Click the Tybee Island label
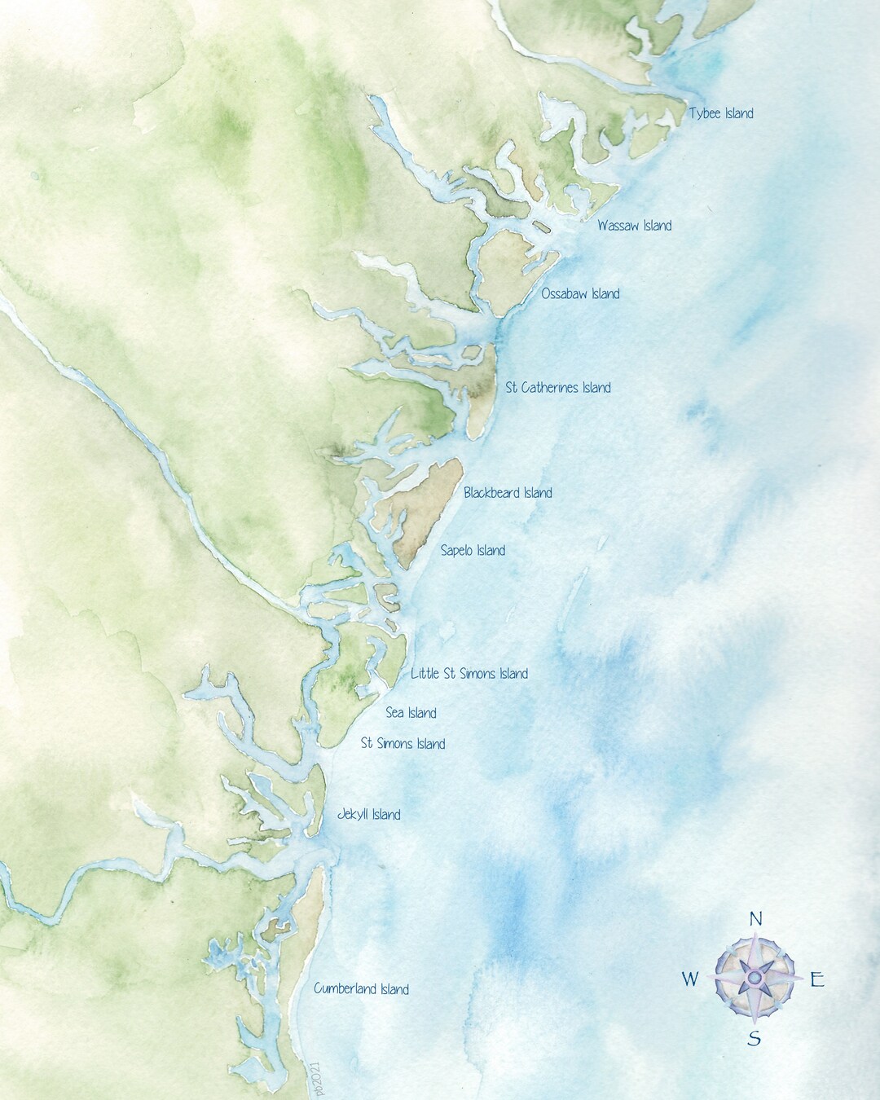coord(721,114)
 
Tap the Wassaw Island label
coord(634,225)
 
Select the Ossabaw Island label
coord(580,293)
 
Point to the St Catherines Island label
coord(558,388)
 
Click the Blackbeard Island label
coord(508,493)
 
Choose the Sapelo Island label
coord(473,551)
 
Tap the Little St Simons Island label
coord(469,674)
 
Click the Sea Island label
coord(411,713)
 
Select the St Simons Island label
coord(403,744)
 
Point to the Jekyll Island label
coord(368,815)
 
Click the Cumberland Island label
coord(361,989)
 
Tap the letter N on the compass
coord(755,919)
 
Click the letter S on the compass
coord(755,1039)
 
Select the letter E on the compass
coord(817,980)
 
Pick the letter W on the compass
coord(689,979)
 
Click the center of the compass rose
coord(755,976)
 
